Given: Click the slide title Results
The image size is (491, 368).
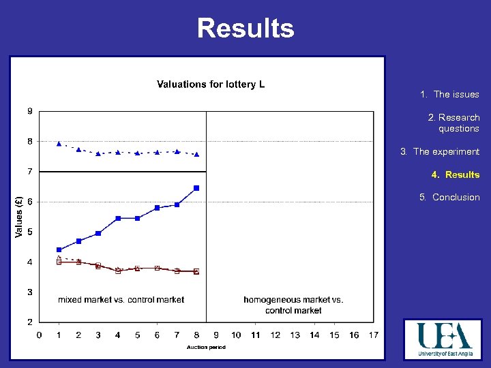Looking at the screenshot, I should pos(245,28).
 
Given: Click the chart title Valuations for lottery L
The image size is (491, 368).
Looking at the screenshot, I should pos(211,85).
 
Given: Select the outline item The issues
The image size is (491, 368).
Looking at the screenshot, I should pos(449,95).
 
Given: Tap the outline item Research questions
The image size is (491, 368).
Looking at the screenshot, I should pos(453,123).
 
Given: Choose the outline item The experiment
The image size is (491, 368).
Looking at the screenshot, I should pos(440,151).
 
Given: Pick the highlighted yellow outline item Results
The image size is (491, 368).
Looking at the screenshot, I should pos(455,174).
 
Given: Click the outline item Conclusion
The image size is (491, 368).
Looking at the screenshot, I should pos(449,197).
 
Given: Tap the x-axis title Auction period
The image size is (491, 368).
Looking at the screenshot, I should pos(206,347).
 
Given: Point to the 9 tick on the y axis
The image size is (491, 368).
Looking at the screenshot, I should pos(29,111).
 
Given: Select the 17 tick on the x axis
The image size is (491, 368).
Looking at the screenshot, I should pos(373,335).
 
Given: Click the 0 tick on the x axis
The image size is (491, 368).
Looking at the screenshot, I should pos(39,335).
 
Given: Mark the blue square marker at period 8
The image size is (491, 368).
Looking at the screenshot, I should pos(196,188).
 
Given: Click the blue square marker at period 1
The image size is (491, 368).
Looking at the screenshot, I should pos(59,249).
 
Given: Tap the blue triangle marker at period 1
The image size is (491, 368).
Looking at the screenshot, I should pos(59,144).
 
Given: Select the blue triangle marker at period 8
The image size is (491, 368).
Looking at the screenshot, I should pos(196,155).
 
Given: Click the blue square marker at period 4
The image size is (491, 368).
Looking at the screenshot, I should pos(118,218).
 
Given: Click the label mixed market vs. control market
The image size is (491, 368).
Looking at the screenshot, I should pos(121,300).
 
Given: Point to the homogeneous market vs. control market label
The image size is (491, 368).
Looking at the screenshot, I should pos(293,305).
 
